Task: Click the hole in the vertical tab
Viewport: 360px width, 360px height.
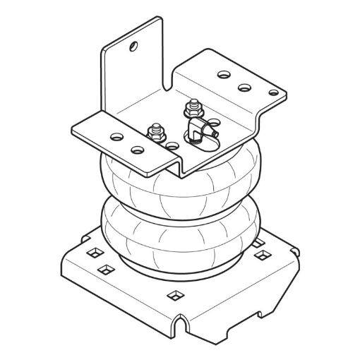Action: click(x=132, y=47)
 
